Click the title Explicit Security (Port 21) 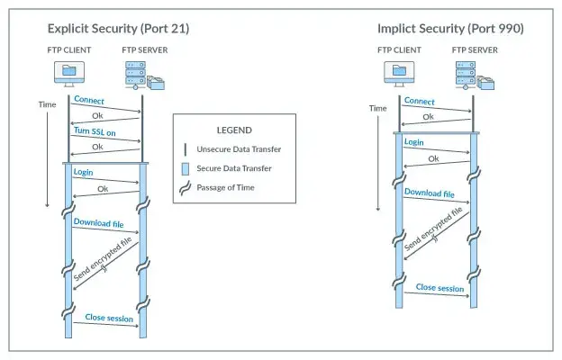pos(118,29)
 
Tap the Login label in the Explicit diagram pos(83,171)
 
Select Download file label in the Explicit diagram pos(99,223)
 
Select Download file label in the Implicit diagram pos(429,193)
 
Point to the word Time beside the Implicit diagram pos(379,108)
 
